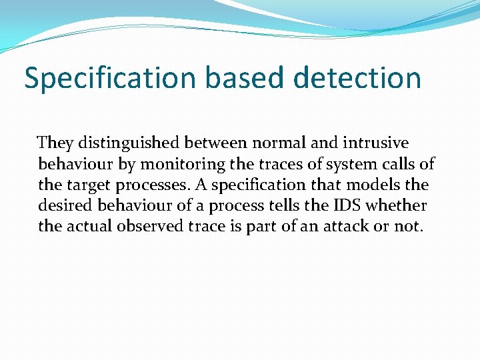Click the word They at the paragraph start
(56, 143)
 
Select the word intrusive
(376, 143)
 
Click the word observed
(149, 226)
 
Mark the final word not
(408, 226)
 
